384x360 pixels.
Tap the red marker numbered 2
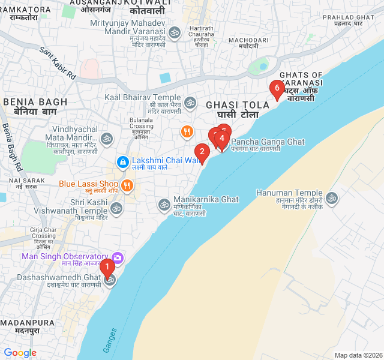pos(202,152)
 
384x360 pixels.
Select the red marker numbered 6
pos(276,89)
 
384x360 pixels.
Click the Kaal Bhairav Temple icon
pos(190,103)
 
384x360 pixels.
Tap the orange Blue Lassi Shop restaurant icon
pos(126,185)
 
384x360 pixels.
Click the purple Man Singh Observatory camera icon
pos(118,257)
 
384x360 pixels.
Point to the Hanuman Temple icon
pos(332,198)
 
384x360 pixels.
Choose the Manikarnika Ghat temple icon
pos(164,205)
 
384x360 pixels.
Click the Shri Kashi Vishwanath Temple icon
pos(116,208)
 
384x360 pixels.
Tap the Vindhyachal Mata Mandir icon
pos(107,139)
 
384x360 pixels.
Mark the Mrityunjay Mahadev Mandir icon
pos(175,32)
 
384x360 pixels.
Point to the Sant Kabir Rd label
pos(58,63)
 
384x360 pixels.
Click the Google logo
pos(20,353)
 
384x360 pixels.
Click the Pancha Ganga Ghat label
pos(268,142)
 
